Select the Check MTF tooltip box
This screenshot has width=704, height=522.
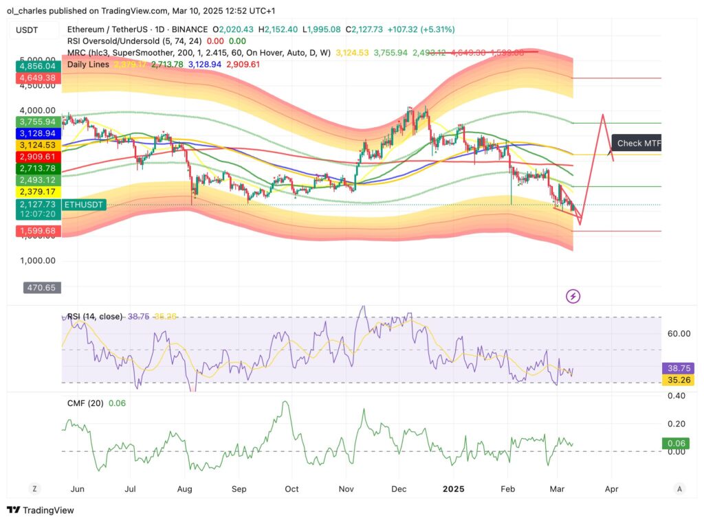click(x=637, y=143)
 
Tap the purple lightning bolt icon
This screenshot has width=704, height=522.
click(x=573, y=296)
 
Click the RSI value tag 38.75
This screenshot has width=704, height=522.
click(x=677, y=368)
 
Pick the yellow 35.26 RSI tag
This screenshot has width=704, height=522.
click(x=677, y=380)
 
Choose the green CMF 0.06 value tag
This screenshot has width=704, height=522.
click(x=677, y=444)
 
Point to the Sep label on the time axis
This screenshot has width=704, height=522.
click(x=239, y=488)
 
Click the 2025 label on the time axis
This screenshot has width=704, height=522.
click(x=454, y=488)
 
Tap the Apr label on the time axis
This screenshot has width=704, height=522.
click(x=611, y=488)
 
